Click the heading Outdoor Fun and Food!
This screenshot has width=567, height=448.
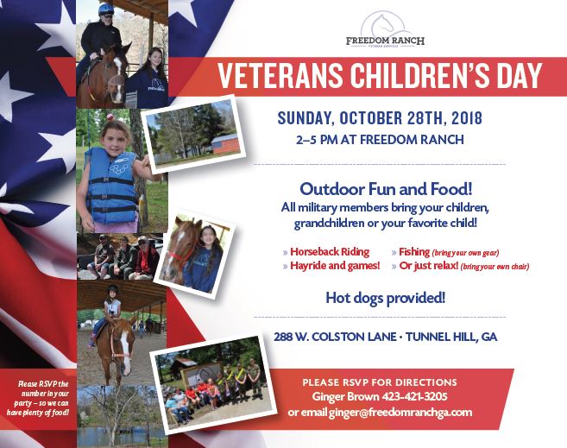click(x=379, y=189)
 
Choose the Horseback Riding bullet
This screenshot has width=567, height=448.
click(x=330, y=252)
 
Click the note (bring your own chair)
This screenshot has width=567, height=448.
click(x=495, y=267)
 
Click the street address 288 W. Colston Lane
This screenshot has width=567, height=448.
click(x=324, y=337)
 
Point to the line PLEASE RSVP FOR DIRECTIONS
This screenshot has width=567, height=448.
click(x=379, y=382)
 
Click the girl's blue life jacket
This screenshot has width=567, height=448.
click(x=110, y=185)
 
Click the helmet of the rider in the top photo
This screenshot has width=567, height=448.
click(x=105, y=9)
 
